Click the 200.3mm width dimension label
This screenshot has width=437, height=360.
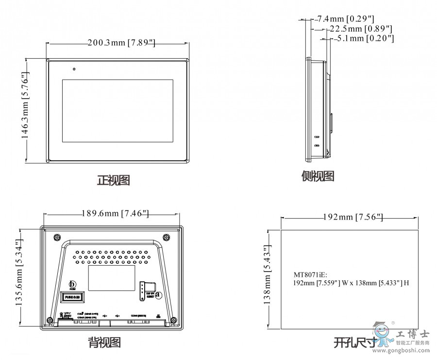pyautogui.click(x=121, y=43)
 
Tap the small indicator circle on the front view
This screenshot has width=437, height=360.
pyautogui.click(x=74, y=69)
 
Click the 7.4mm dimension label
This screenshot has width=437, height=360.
pyautogui.click(x=345, y=19)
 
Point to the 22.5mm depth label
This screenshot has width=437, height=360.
pyautogui.click(x=361, y=29)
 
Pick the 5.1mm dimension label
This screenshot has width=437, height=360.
pyautogui.click(x=365, y=38)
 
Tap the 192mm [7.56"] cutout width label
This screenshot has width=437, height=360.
pyautogui.click(x=353, y=217)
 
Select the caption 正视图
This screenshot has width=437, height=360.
pyautogui.click(x=114, y=180)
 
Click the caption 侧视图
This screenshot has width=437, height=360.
pyautogui.click(x=318, y=176)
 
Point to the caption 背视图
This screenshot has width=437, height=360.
pyautogui.click(x=104, y=343)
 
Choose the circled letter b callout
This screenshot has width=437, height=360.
pyautogui.click(x=73, y=284)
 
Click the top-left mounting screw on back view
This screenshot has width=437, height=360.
pyautogui.click(x=57, y=238)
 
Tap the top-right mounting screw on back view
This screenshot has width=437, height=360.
pyautogui.click(x=166, y=238)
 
